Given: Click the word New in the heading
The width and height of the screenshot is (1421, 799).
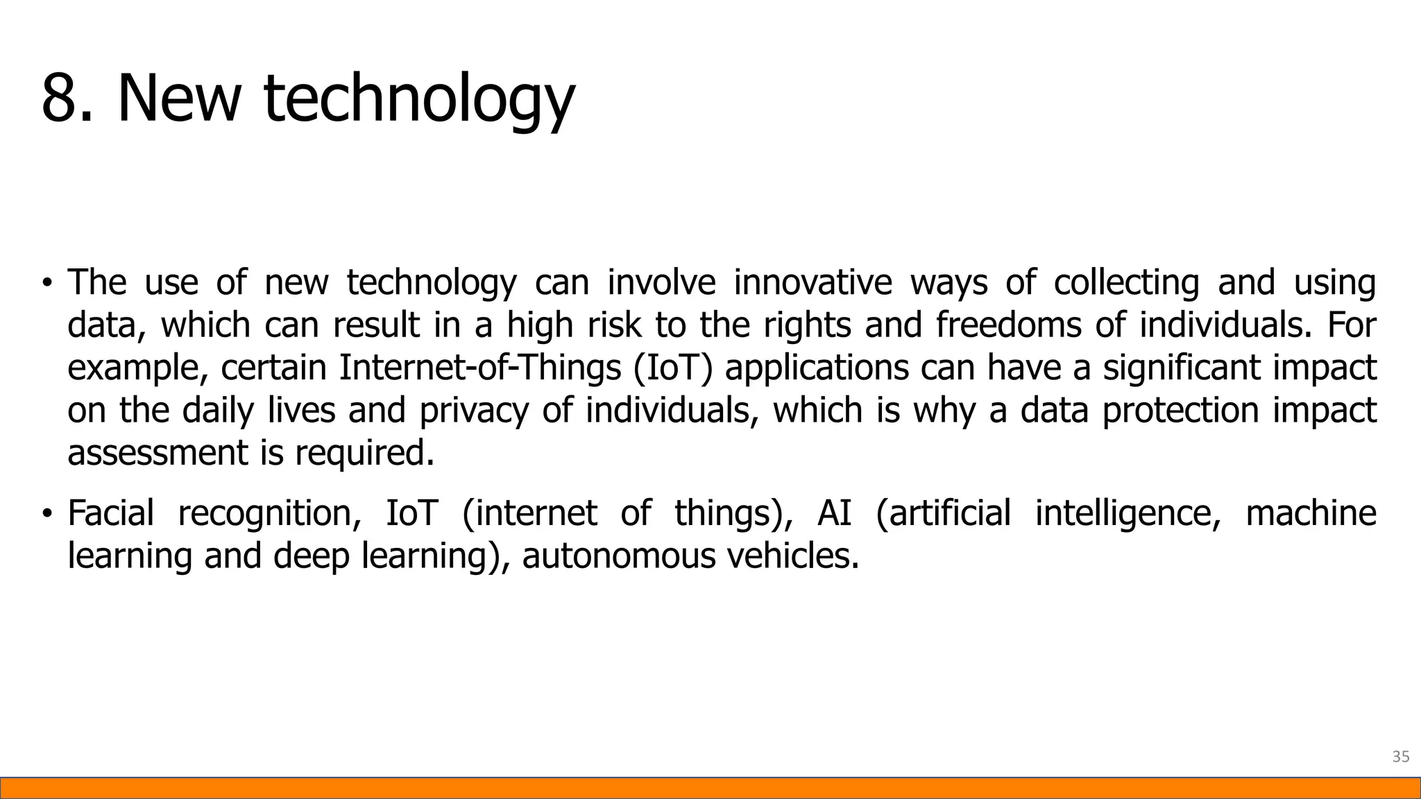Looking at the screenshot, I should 178,98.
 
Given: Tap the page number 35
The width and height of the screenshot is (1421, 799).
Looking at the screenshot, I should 1400,757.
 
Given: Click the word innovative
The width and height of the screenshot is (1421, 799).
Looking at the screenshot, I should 812,282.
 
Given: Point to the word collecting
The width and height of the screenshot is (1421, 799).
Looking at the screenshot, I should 1126,282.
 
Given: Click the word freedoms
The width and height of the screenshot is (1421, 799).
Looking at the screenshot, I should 1008,325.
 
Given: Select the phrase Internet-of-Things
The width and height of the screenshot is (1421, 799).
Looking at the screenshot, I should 479,368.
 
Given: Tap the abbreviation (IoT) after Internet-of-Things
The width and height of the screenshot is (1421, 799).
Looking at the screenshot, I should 672,368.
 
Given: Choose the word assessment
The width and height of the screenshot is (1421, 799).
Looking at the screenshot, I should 157,454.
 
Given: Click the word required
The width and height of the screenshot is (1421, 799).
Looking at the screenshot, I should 364,454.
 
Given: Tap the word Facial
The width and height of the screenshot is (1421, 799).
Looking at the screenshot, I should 110,513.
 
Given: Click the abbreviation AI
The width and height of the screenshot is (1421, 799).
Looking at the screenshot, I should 834,513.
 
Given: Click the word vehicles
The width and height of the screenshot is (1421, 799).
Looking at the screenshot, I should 793,556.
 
